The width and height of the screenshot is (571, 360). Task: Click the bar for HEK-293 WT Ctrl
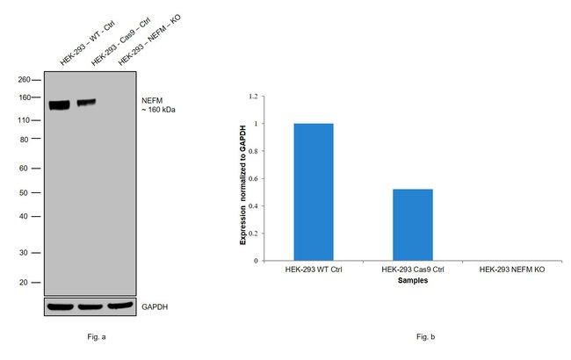click(314, 191)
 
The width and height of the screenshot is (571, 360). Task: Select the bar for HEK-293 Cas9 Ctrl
click(412, 224)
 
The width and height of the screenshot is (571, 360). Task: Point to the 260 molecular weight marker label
click(25, 79)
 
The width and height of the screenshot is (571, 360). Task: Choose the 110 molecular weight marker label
click(25, 120)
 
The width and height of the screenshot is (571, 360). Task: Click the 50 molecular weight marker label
click(26, 192)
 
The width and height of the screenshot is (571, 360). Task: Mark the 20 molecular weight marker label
click(26, 283)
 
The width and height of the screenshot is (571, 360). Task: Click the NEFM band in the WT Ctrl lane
click(60, 105)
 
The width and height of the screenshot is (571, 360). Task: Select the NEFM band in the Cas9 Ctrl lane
click(86, 103)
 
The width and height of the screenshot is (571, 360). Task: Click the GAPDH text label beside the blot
click(155, 307)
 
